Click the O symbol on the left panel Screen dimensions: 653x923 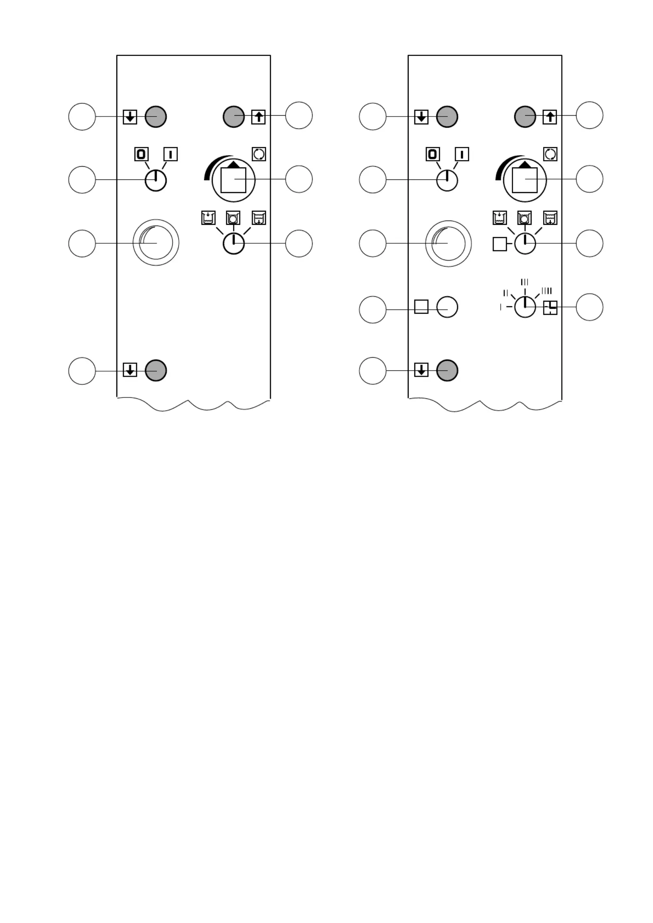[x=141, y=154]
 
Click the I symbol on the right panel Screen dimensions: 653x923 [x=462, y=154]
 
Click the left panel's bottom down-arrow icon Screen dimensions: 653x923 [x=130, y=370]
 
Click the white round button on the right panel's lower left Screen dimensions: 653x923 [x=447, y=307]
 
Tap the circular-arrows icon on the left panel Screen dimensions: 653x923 [x=259, y=154]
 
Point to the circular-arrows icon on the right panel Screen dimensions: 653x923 [x=550, y=154]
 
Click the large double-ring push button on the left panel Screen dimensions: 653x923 [x=156, y=243]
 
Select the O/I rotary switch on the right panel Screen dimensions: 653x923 [x=447, y=181]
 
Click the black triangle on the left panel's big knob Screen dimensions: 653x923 [x=233, y=165]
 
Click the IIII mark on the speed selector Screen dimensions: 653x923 [x=546, y=291]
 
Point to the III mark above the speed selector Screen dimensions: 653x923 [x=525, y=282]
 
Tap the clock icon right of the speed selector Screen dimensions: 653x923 [x=550, y=307]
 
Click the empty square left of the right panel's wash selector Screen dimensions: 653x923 [x=500, y=244]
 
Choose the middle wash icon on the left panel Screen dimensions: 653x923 [x=233, y=218]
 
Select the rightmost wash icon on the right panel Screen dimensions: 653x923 [x=550, y=218]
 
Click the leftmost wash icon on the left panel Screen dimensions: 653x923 [x=208, y=218]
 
